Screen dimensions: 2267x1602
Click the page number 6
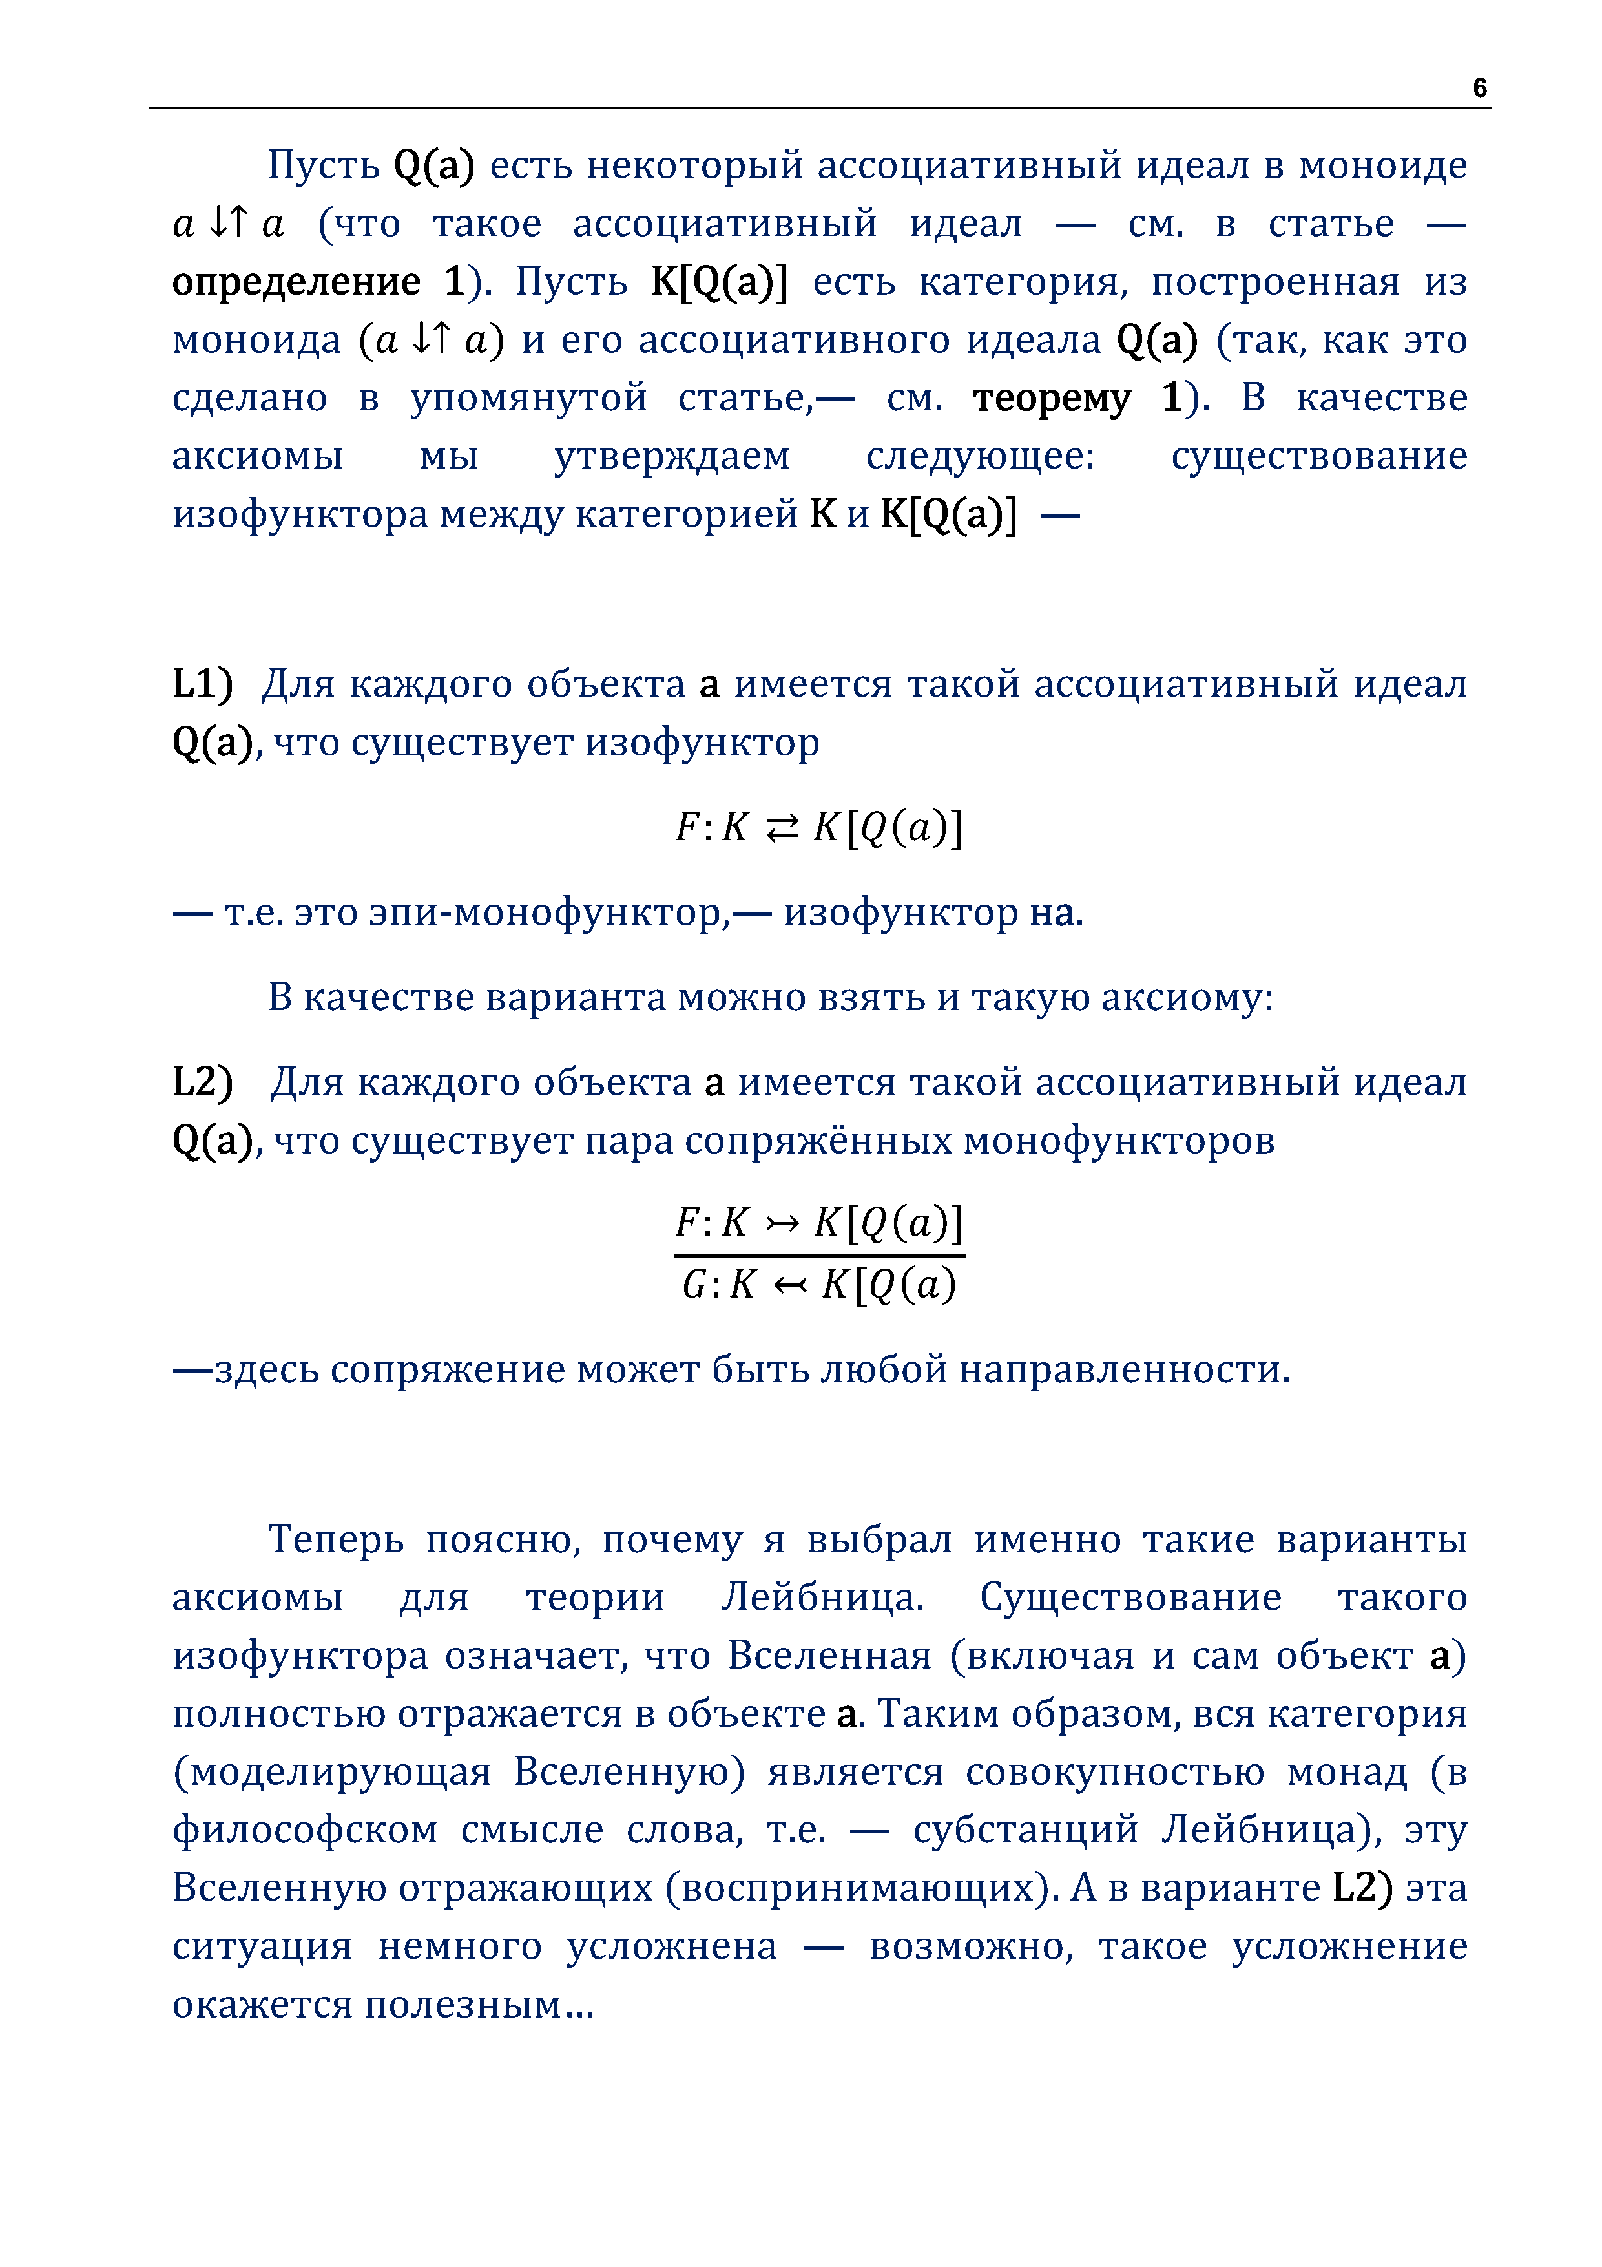tap(1479, 88)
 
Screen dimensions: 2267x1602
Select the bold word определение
tap(295, 282)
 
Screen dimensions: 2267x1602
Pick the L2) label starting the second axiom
tap(202, 1082)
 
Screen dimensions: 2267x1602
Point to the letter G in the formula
tap(695, 1285)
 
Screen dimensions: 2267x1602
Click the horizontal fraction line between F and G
tap(819, 1256)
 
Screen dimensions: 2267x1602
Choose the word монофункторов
tap(1118, 1141)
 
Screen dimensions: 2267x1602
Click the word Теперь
tap(336, 1539)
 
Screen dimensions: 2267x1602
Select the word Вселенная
tap(829, 1656)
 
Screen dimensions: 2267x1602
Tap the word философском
tap(304, 1829)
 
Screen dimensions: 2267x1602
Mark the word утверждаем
tap(671, 456)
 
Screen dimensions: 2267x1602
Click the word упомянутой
tap(528, 398)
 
